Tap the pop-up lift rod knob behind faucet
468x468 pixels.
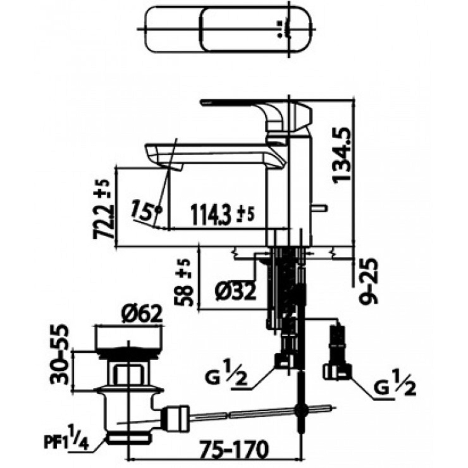(320, 208)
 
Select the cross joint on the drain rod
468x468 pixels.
(300, 410)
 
